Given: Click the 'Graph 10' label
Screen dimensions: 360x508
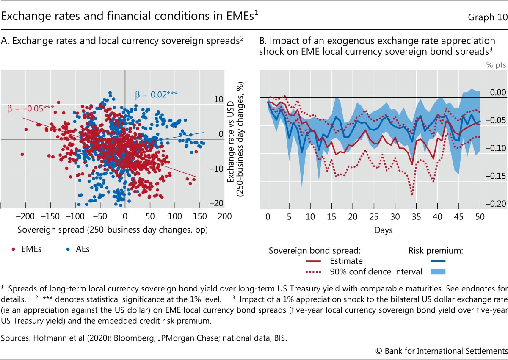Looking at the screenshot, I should [487, 17].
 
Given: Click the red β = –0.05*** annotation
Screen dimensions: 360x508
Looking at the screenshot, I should [30, 108].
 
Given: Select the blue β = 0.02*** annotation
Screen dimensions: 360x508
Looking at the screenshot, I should [156, 95].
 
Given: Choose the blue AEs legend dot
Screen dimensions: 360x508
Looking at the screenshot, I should [67, 249].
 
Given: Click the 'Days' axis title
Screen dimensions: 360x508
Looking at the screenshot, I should [383, 230].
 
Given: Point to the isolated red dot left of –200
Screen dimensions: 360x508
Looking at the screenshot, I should [22, 154].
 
